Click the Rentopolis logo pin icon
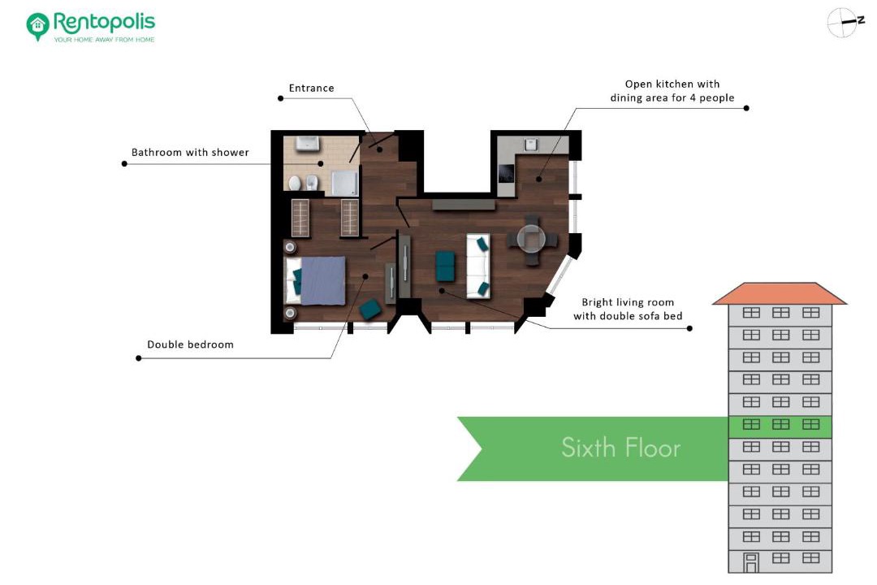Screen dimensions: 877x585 click(37, 26)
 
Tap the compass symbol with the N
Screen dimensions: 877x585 click(845, 23)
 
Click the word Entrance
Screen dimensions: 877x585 click(311, 88)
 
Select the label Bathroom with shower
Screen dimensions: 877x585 click(190, 152)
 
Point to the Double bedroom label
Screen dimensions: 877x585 click(190, 344)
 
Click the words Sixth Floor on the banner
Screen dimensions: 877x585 click(621, 448)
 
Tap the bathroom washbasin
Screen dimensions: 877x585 click(307, 143)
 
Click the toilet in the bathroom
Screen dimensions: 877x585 click(294, 183)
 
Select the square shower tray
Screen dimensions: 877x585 click(344, 183)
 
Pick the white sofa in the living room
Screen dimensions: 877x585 click(478, 266)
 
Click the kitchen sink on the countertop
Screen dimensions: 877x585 click(530, 145)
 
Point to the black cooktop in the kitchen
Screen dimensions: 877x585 click(506, 174)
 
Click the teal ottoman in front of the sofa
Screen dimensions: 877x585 click(445, 266)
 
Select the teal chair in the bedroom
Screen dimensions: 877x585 click(370, 309)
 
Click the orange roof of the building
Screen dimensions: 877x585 click(780, 293)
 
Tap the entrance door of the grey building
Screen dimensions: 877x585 click(750, 562)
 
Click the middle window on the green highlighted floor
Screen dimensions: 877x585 click(781, 424)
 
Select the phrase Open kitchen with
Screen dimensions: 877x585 click(672, 84)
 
